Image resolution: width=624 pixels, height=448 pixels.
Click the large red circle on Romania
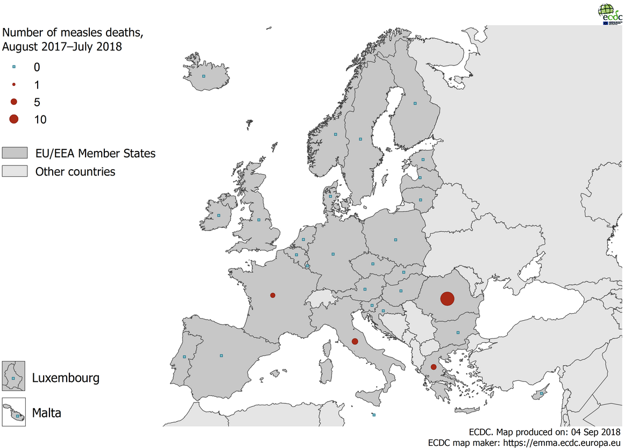point(447,299)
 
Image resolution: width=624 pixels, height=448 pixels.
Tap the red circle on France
point(273,295)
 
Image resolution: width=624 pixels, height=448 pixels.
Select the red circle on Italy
point(354,341)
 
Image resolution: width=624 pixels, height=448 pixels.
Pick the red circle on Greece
point(434,367)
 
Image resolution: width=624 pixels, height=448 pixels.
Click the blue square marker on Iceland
point(203,76)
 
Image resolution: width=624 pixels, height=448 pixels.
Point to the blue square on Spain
point(221,355)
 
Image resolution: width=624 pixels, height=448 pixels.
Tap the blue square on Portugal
point(185,357)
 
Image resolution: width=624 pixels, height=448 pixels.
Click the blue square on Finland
point(415,103)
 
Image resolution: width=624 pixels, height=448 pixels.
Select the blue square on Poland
point(395,240)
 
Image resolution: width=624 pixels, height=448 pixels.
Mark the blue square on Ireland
point(218,216)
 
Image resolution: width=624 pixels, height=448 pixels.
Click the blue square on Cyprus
point(542,394)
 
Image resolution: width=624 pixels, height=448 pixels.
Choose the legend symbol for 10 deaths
point(14,119)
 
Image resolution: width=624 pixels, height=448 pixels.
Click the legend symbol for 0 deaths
point(14,67)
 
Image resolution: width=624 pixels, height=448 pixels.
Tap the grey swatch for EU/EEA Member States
point(15,154)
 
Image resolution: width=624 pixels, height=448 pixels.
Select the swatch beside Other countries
point(15,172)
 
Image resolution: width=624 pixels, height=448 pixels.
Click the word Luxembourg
point(66,378)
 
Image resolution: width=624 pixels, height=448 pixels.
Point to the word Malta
point(46,413)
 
